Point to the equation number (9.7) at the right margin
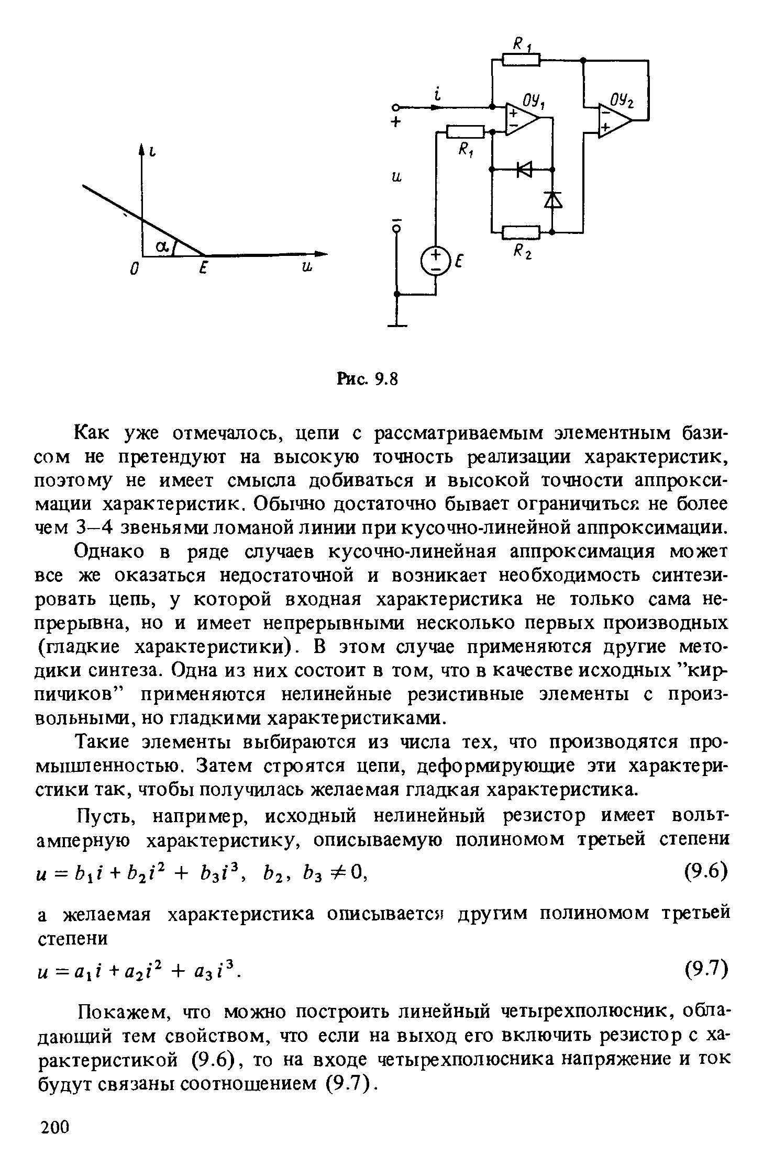pos(700,970)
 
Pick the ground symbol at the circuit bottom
pos(397,325)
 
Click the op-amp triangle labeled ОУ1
pos(521,119)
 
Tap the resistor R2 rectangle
pos(521,231)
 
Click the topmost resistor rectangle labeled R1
pos(521,60)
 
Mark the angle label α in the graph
pos(162,246)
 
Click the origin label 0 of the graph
pos(134,269)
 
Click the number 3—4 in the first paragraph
pos(95,527)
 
